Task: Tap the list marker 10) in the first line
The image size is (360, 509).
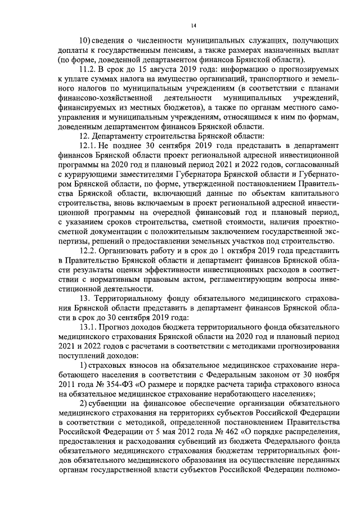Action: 84,41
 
